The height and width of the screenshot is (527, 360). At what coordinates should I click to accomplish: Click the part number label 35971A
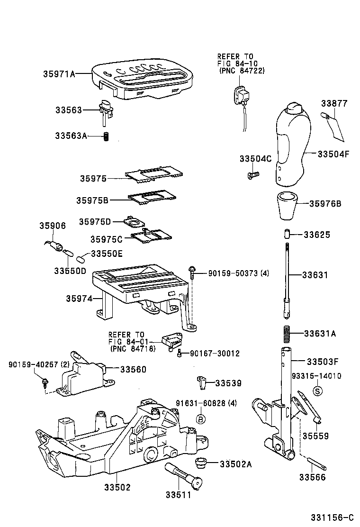click(x=59, y=74)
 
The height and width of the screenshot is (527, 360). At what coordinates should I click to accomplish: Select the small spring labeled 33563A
click(x=107, y=136)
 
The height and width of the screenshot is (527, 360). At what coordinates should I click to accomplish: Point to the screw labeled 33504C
click(x=252, y=175)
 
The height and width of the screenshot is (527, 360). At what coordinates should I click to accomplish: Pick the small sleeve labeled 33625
click(x=287, y=235)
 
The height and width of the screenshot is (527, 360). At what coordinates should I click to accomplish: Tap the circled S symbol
click(x=318, y=391)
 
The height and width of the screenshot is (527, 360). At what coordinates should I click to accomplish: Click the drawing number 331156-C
click(x=332, y=517)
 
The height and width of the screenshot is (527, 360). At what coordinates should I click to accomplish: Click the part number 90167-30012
click(x=215, y=354)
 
